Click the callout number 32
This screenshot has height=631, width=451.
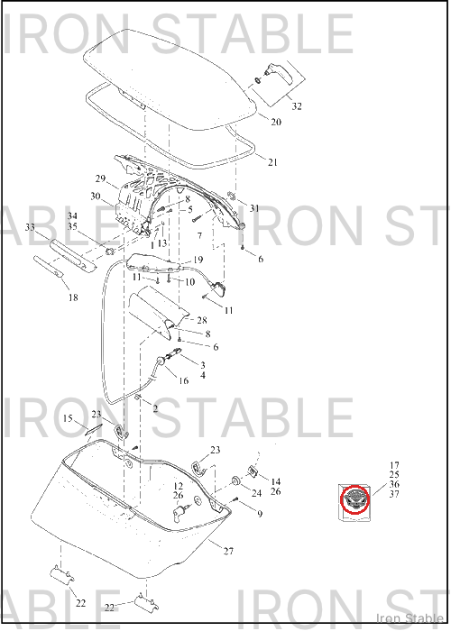[x=297, y=106]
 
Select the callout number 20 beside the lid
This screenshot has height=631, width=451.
[x=276, y=122]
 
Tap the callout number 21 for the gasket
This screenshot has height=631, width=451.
[x=273, y=162]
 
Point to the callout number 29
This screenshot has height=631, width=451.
[x=100, y=178]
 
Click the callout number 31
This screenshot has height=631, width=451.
[x=254, y=208]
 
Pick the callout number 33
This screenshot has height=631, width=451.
[x=30, y=227]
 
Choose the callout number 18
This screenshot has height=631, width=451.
[x=73, y=297]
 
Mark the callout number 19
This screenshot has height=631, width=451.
[x=198, y=260]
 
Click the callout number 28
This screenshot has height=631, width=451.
[x=202, y=320]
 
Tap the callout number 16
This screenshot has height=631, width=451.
[x=183, y=380]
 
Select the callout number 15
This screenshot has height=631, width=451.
[x=68, y=418]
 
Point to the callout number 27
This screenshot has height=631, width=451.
[x=229, y=551]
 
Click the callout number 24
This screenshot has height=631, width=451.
[x=256, y=493]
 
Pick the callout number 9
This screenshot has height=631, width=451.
[x=260, y=514]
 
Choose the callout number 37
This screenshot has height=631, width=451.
[x=394, y=494]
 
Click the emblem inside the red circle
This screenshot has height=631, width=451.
[x=355, y=500]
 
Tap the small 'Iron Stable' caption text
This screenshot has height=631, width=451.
[x=410, y=617]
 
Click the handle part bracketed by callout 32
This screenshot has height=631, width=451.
[x=280, y=73]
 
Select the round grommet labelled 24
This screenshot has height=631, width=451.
[x=235, y=480]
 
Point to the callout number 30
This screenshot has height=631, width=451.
[x=96, y=197]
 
